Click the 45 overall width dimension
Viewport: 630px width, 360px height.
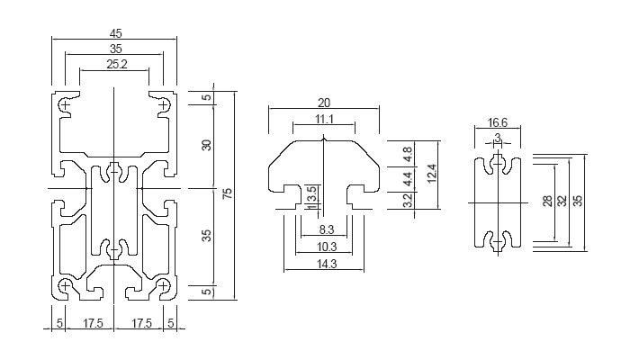pos(115,33)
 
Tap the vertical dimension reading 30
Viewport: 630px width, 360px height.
pos(205,145)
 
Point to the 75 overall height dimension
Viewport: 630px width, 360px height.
pos(228,194)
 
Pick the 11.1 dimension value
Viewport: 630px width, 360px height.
pos(325,119)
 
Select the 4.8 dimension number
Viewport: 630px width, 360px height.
pos(407,154)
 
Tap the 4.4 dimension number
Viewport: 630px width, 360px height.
pos(407,179)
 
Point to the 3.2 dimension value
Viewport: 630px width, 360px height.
pos(407,201)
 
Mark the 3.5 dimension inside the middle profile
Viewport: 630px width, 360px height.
pos(311,193)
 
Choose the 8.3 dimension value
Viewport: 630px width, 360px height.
pos(326,230)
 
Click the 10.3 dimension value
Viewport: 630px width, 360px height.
pos(326,247)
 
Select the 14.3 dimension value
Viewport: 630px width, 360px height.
pos(326,264)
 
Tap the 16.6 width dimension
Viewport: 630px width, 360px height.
pos(498,123)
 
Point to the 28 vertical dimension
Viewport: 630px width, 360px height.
pos(548,202)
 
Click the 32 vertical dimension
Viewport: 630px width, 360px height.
pos(562,202)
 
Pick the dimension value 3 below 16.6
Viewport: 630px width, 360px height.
pos(498,138)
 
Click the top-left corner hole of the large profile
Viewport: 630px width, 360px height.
pos(66,105)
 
